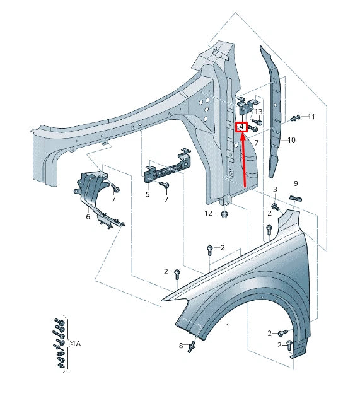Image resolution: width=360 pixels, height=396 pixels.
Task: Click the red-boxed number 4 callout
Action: click(242, 127)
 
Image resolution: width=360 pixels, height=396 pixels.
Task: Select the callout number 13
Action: click(258, 112)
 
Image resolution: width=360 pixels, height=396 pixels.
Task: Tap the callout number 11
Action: click(311, 117)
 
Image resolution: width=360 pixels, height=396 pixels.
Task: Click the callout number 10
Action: click(291, 140)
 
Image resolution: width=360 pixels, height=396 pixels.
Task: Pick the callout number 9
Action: click(296, 183)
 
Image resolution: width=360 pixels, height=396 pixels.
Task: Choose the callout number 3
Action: click(275, 189)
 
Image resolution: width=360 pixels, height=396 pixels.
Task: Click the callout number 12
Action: click(208, 213)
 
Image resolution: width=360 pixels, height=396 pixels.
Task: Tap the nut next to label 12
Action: click(224, 214)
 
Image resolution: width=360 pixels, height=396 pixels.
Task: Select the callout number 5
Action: click(148, 194)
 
